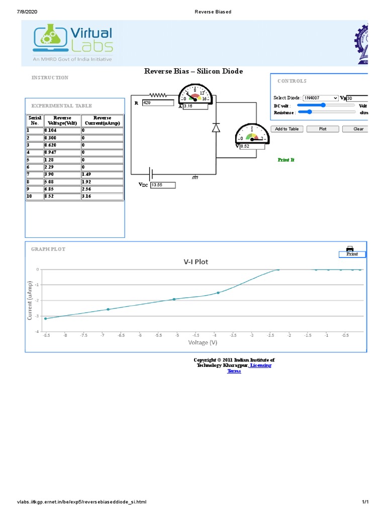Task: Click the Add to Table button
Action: (x=286, y=129)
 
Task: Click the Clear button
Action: (x=357, y=129)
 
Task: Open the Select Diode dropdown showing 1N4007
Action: (x=321, y=98)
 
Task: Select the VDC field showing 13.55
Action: (x=163, y=185)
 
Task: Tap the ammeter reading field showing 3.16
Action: (x=195, y=106)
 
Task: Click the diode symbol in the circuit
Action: (x=216, y=127)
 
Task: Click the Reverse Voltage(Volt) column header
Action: (x=62, y=120)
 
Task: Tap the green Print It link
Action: (x=286, y=160)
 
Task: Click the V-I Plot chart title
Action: (x=196, y=262)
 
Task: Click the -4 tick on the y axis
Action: (x=37, y=332)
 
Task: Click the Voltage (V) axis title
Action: (x=203, y=342)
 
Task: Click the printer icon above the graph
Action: (x=350, y=248)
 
